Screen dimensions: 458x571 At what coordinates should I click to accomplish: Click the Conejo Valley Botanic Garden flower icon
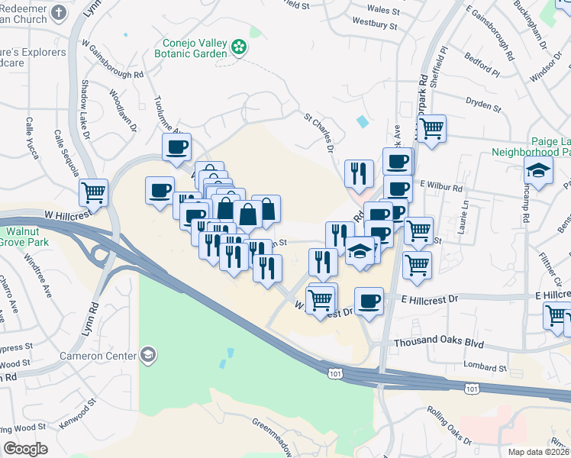(x=240, y=47)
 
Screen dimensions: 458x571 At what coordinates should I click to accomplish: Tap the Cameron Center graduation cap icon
(x=147, y=355)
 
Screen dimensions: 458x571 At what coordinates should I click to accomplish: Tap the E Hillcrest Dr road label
(x=432, y=298)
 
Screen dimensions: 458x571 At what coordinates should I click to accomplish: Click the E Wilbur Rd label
(x=441, y=187)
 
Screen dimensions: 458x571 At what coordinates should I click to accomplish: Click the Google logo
(x=26, y=448)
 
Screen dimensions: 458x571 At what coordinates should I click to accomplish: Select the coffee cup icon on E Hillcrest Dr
(x=369, y=300)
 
